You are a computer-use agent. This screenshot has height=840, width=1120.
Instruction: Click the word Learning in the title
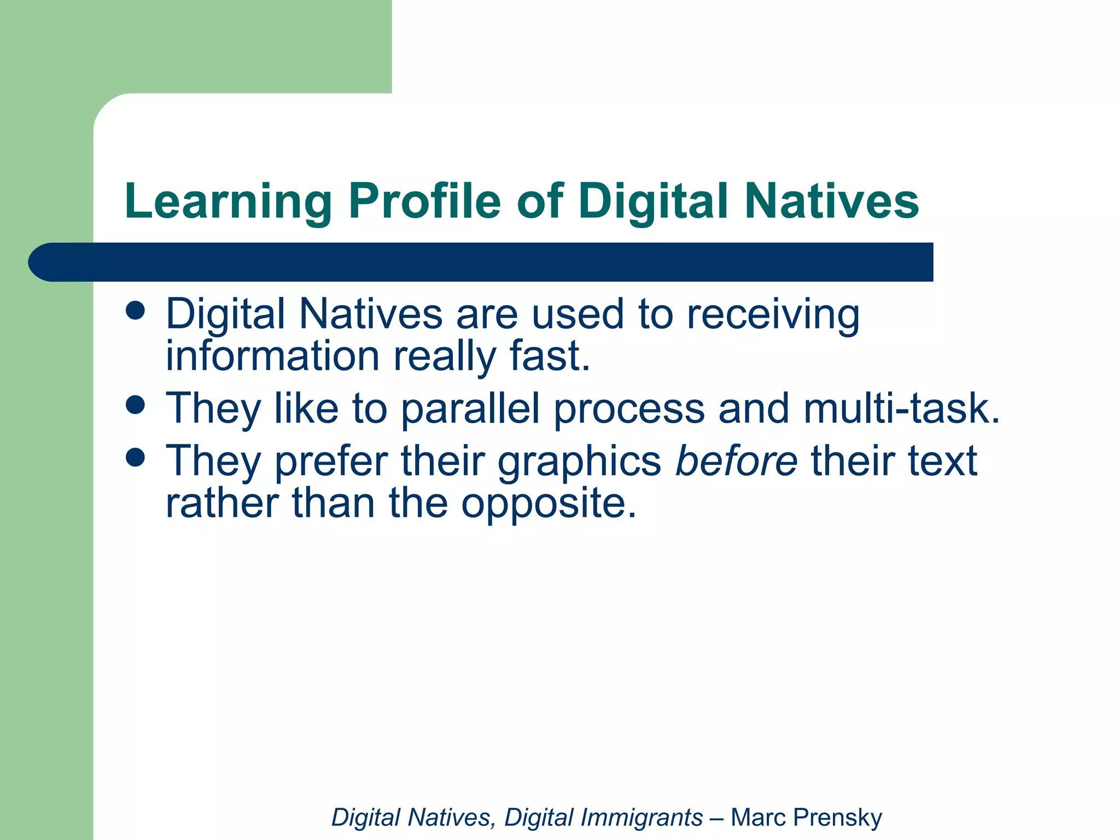228,202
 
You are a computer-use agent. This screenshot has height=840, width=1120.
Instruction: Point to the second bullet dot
135,405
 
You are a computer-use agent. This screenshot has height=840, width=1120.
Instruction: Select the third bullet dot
135,457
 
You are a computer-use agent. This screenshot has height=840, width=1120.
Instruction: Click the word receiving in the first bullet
773,316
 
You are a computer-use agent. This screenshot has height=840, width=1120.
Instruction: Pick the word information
272,357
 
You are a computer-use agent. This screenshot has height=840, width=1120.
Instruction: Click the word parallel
470,409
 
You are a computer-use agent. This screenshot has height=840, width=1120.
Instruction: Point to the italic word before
736,461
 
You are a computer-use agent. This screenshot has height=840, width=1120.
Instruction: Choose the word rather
222,503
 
